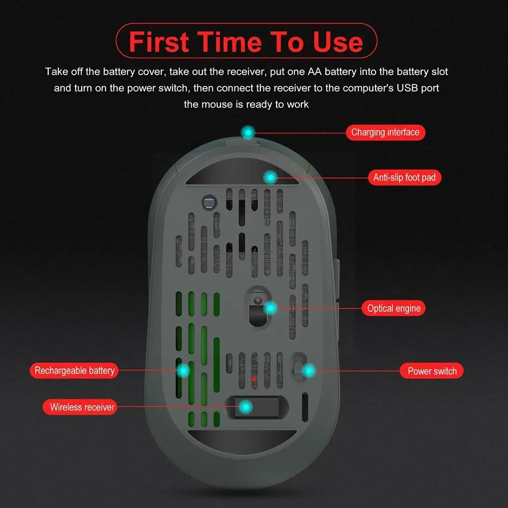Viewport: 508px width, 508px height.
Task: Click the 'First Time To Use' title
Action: pos(246,42)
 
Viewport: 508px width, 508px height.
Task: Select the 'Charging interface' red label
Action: pos(385,132)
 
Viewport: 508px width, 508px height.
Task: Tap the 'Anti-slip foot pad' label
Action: pos(404,178)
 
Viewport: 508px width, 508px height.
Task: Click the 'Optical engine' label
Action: pos(394,308)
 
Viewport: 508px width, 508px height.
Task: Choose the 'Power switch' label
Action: pos(432,371)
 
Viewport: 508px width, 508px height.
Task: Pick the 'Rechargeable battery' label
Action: pos(75,370)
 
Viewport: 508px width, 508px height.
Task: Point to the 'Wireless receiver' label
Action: pos(82,407)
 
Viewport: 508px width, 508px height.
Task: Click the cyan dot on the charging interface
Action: pos(248,133)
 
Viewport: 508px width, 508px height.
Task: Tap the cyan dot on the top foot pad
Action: pos(270,177)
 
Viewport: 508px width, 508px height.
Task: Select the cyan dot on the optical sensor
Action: pos(270,308)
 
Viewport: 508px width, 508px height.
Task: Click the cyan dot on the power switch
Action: pos(308,371)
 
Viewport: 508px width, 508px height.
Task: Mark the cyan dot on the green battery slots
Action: pos(183,370)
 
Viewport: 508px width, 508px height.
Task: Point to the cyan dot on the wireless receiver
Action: pos(246,407)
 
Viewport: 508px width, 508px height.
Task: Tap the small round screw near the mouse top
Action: pos(208,201)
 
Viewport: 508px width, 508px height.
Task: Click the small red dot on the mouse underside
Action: pos(254,379)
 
